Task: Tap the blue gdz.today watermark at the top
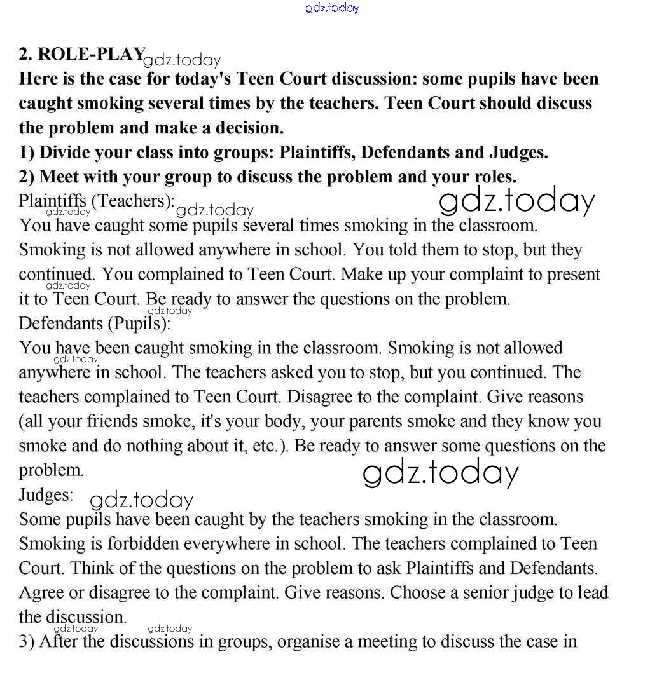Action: [x=332, y=8]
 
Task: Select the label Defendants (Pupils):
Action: [x=95, y=323]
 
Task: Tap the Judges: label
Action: [x=46, y=494]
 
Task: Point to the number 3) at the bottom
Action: [x=27, y=641]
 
